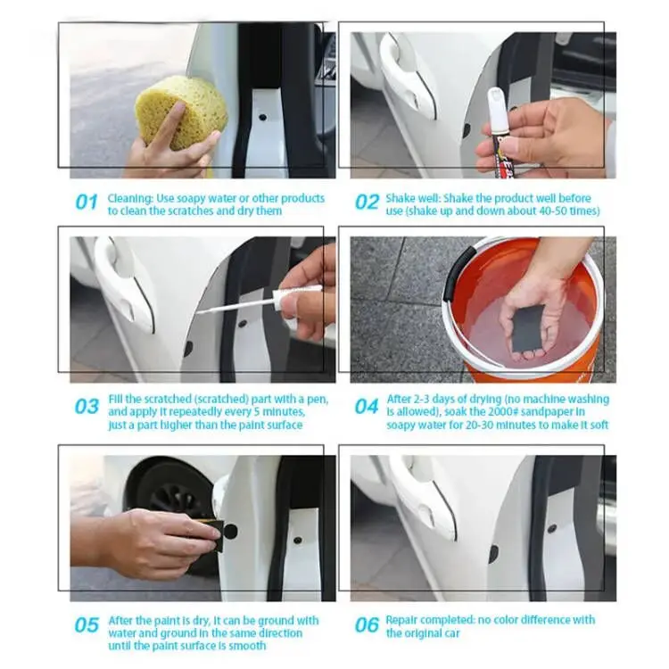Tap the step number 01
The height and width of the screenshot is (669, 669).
[x=86, y=202]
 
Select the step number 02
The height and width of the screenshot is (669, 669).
[x=367, y=202]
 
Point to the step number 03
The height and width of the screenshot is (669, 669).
[x=86, y=407]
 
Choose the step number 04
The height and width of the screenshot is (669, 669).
[x=367, y=407]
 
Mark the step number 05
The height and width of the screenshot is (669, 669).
[x=86, y=625]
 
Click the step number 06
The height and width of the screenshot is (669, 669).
[x=367, y=625]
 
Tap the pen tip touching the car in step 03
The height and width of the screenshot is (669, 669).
[x=200, y=312]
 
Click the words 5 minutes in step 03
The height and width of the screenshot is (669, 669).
[x=276, y=412]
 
